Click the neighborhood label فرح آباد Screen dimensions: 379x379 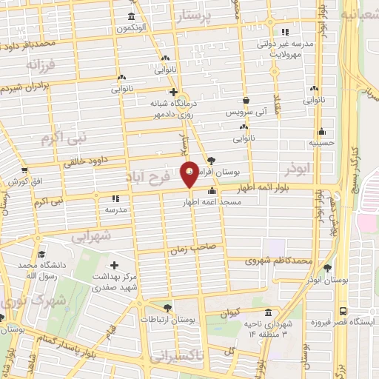(x=165, y=178)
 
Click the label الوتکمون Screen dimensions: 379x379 (x=130, y=28)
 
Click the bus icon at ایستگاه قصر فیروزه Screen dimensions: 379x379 (x=342, y=311)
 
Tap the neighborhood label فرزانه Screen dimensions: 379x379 (x=40, y=65)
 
